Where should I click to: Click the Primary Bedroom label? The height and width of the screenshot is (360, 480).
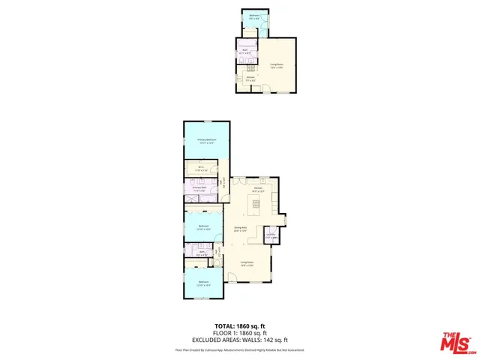point(206,140)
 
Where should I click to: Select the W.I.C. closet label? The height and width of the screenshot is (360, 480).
point(202,168)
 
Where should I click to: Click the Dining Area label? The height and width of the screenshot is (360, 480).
point(241,229)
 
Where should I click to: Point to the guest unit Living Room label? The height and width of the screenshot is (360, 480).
point(277,65)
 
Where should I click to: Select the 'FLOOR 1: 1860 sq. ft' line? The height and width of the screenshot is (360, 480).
point(240,334)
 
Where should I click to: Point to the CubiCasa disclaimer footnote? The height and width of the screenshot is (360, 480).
point(240,349)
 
